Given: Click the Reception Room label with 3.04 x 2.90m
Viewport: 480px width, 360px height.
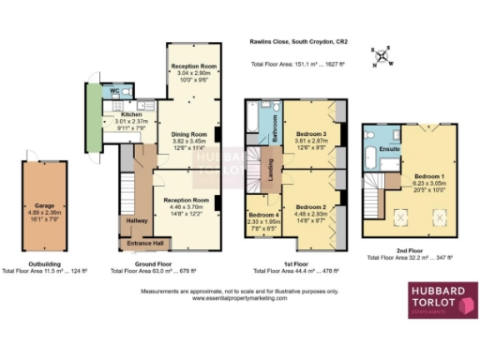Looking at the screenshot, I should [193, 67].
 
